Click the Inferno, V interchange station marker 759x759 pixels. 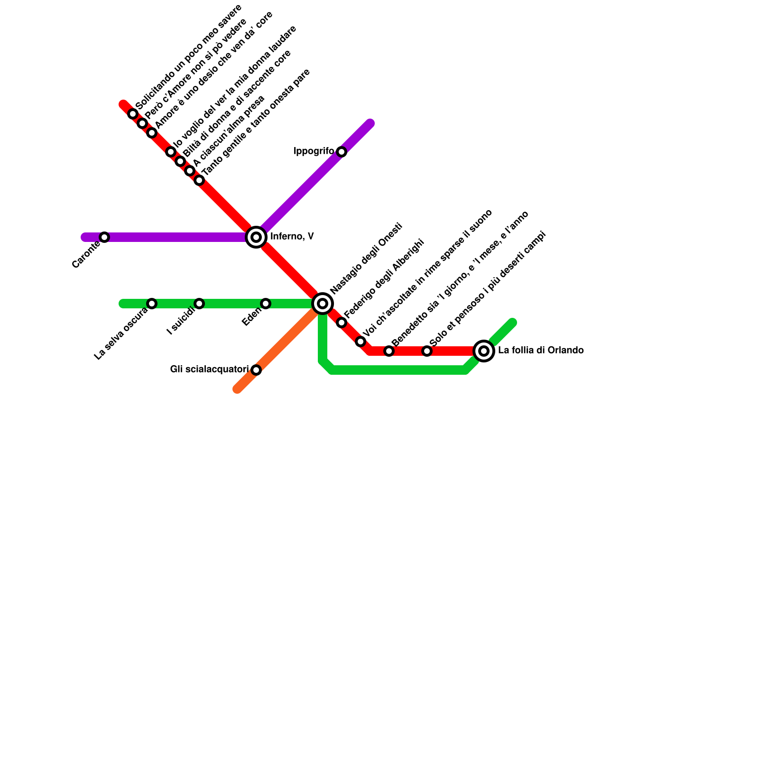pos(256,237)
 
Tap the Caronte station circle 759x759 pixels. pos(104,237)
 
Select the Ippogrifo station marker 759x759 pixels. pos(342,152)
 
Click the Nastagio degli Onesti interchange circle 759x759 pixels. pos(323,304)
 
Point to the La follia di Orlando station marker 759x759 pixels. pos(484,351)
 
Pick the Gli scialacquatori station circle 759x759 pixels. pos(256,370)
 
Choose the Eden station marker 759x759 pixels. pos(266,304)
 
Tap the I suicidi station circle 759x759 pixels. pos(199,304)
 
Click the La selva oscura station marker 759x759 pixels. pos(152,304)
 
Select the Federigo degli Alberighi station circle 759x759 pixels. pos(342,323)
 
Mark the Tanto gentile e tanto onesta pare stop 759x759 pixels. pos(199,180)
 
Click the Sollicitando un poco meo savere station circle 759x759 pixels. pos(133,114)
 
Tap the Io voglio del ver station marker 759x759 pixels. pos(171,152)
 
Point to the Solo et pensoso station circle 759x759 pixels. pos(427,351)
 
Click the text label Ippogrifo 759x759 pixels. pos(314,151)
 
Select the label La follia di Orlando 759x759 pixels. pos(541,351)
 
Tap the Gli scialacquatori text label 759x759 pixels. pos(209,370)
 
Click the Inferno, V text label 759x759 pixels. pos(292,237)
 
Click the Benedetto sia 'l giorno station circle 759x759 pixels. pos(389,351)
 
